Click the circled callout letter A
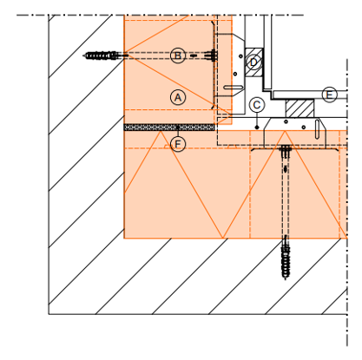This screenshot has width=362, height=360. (178, 97)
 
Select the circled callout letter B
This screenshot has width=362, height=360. (178, 56)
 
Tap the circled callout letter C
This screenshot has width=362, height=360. (257, 105)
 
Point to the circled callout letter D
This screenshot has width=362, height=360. (253, 62)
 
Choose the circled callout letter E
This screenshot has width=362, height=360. (330, 95)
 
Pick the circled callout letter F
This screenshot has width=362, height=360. (178, 144)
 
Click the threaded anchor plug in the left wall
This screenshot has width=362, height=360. (102, 56)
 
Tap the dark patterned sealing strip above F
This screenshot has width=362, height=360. (169, 128)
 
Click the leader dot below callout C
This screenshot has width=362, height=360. (257, 128)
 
